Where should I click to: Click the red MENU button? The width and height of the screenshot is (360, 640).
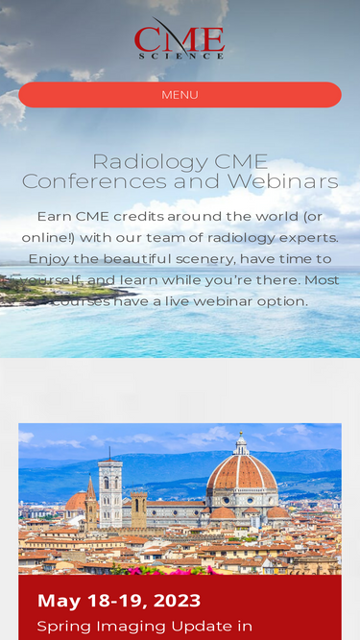[x=180, y=95]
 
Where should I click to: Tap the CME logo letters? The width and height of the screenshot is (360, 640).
[x=180, y=38]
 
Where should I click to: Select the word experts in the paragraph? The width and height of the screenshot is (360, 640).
[x=304, y=237]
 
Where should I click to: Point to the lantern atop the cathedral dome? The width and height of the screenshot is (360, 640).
[x=242, y=443]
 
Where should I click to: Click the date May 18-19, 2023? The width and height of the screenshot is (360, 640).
[x=119, y=601]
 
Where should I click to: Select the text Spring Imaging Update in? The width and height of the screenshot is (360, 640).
[x=144, y=627]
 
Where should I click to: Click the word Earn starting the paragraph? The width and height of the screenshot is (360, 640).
[x=54, y=216]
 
